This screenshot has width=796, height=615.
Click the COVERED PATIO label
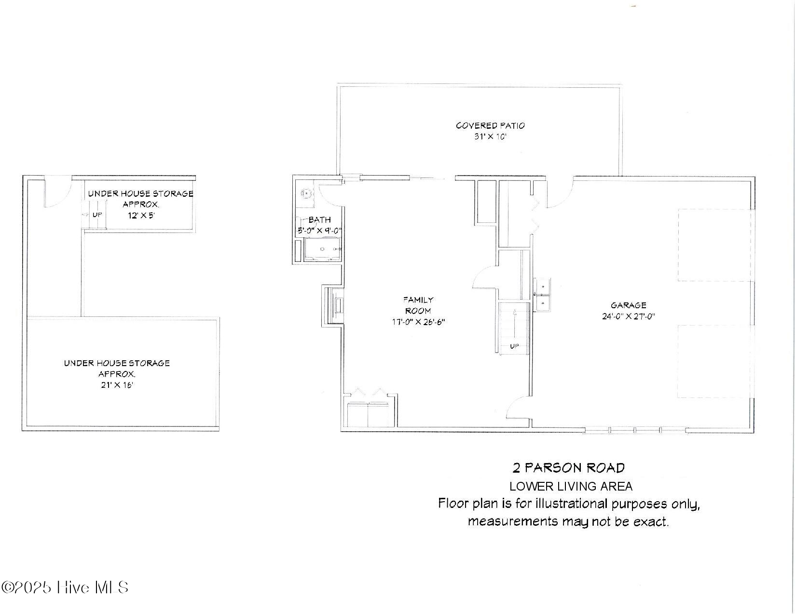coord(490,125)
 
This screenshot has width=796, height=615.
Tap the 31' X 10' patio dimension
coord(490,137)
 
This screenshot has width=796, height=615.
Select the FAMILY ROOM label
coord(418,305)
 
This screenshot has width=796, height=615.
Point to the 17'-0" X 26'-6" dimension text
coord(418,322)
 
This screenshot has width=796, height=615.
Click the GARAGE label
coord(628,305)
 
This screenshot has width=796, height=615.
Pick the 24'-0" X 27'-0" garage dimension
coord(628,316)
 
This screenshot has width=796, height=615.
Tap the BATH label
coord(320,220)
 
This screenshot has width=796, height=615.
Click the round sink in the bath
coord(306,193)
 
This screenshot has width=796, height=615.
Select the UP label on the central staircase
coord(514,346)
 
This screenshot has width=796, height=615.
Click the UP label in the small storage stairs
coord(97,215)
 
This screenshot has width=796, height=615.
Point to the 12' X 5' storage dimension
coord(141,215)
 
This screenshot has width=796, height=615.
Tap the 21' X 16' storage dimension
coord(117,385)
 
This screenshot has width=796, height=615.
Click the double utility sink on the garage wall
coord(543,294)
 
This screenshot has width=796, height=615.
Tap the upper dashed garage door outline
coord(714,245)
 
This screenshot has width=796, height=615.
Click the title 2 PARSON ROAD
coord(568,467)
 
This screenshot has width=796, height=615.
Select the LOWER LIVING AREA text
coord(571,486)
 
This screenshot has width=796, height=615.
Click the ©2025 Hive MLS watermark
coord(65,587)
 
